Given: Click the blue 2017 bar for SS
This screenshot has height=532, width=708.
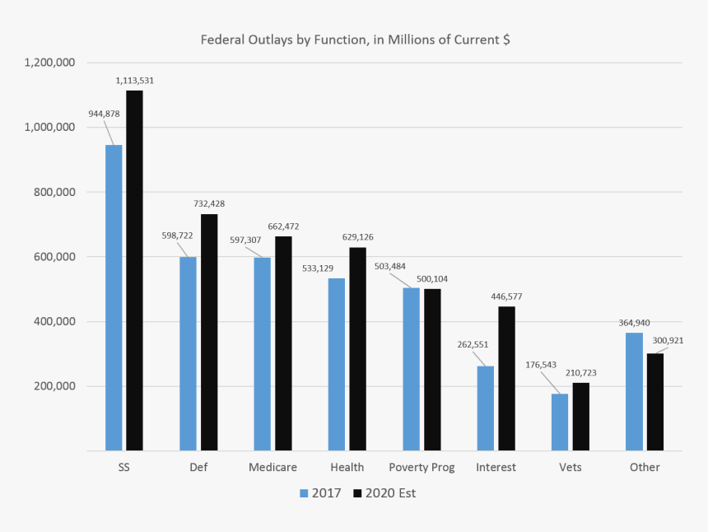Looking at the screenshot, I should tap(114, 297).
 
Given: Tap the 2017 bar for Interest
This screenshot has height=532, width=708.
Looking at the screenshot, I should tap(486, 408).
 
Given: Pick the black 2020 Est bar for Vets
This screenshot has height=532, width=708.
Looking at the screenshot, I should tap(581, 417).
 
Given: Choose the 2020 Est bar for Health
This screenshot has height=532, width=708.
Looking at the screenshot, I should tap(357, 349).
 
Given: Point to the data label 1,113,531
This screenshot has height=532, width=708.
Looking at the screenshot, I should tap(135, 81).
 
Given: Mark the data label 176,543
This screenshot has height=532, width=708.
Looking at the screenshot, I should tap(542, 364).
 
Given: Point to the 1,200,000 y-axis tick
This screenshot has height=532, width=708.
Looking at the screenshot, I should tap(50, 63).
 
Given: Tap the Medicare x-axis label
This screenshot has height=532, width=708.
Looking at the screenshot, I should tap(272, 468).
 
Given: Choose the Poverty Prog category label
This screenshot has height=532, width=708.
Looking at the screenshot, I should tap(422, 468).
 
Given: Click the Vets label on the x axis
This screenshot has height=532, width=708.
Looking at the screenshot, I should tap(570, 468).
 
